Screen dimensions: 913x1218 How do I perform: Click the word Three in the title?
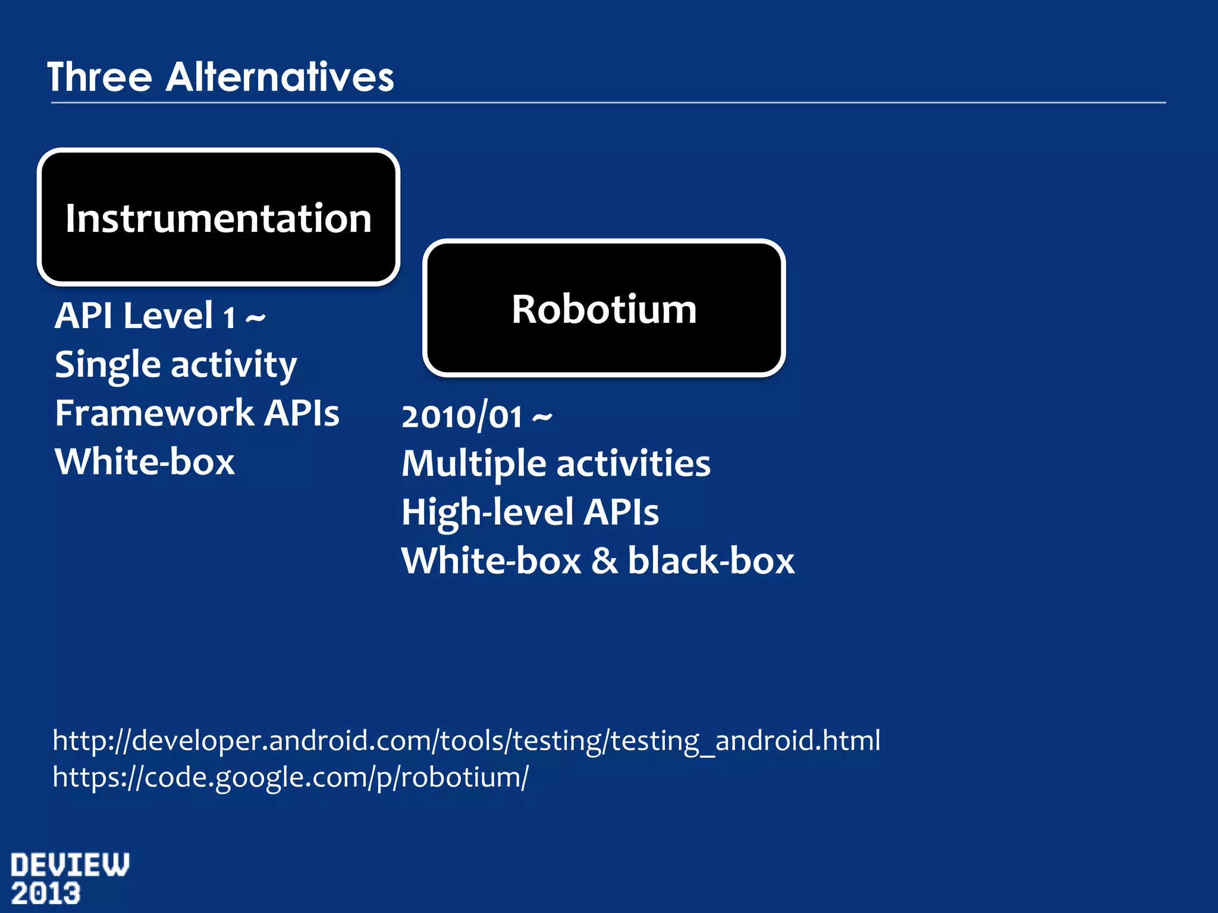(x=99, y=77)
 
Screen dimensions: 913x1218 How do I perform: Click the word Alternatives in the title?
(x=280, y=77)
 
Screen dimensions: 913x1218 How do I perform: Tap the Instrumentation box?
(x=218, y=218)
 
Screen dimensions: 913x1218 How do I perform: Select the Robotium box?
(x=604, y=308)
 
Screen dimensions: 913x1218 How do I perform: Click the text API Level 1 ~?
(x=159, y=316)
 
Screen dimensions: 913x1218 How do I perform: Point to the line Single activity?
(x=175, y=364)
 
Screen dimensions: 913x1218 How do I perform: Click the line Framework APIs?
(x=197, y=413)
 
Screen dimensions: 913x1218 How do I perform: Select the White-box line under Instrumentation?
(x=145, y=462)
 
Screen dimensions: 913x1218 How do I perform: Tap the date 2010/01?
(x=462, y=417)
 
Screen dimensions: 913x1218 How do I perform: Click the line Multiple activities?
(x=555, y=464)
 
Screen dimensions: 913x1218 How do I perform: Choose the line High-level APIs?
(x=529, y=512)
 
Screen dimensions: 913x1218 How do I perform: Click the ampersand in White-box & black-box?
(x=604, y=561)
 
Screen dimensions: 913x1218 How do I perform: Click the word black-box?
(x=711, y=561)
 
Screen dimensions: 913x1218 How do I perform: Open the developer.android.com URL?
(x=466, y=741)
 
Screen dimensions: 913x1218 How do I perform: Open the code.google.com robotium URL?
(x=290, y=777)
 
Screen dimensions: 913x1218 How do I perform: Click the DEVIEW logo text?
(x=70, y=865)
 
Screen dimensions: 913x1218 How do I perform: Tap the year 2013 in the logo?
(x=46, y=894)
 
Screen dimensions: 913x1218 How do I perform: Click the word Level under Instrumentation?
(x=168, y=316)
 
